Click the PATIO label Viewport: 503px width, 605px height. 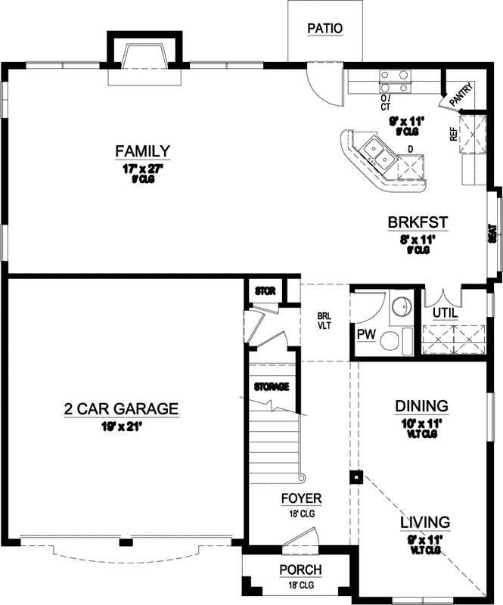[x=325, y=29]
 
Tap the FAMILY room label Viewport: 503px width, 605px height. [x=142, y=151]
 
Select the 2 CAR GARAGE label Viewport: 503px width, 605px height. [x=121, y=409]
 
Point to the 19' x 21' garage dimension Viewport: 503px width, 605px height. [x=121, y=427]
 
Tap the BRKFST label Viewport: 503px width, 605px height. [x=418, y=222]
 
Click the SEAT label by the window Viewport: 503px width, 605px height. [x=492, y=234]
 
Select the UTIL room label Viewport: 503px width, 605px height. [x=443, y=312]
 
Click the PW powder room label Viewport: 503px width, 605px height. [x=367, y=334]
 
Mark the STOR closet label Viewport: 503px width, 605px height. [x=264, y=290]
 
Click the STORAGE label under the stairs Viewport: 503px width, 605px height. [x=271, y=386]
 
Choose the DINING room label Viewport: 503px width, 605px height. [x=421, y=406]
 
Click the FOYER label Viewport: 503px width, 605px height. [x=301, y=498]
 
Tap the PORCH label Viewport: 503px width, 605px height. [x=300, y=569]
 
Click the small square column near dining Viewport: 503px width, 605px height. [x=353, y=476]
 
